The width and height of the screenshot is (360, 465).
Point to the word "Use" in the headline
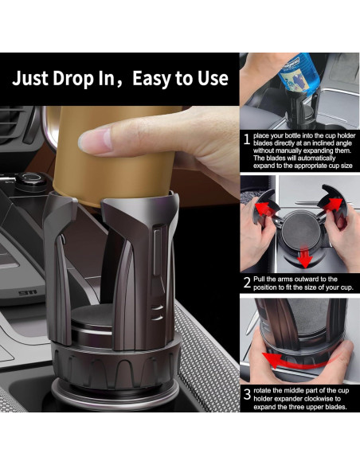[x=212, y=78]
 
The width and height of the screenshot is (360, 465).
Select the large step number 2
[x=247, y=282]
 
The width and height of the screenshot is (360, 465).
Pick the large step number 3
[x=247, y=393]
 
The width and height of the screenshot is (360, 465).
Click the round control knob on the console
[x=32, y=178]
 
